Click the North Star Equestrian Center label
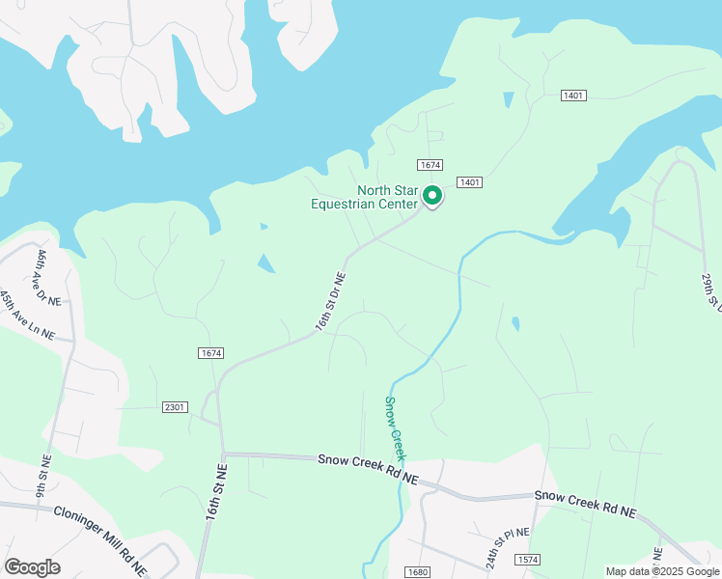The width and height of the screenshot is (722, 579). pos(363,197)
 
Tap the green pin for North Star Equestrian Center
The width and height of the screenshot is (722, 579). pos(433,196)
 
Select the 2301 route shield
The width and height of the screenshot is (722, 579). pos(176,407)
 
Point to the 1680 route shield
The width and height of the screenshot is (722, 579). pos(417,572)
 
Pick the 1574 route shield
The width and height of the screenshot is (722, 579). pos(527,560)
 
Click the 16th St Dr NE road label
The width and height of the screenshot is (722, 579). pos(330,302)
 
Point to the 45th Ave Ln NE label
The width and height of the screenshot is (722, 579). pos(27,315)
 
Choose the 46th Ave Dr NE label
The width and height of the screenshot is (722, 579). pos(48,278)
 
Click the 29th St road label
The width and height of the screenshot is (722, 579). pos(711,290)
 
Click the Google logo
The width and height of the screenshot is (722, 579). pos(31,567)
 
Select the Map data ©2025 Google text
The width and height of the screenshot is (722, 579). pos(662,571)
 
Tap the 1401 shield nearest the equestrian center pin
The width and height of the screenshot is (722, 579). pos(470,182)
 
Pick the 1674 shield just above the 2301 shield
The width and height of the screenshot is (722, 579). pos(211,353)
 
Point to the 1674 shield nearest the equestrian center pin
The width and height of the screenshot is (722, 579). pos(430,166)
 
